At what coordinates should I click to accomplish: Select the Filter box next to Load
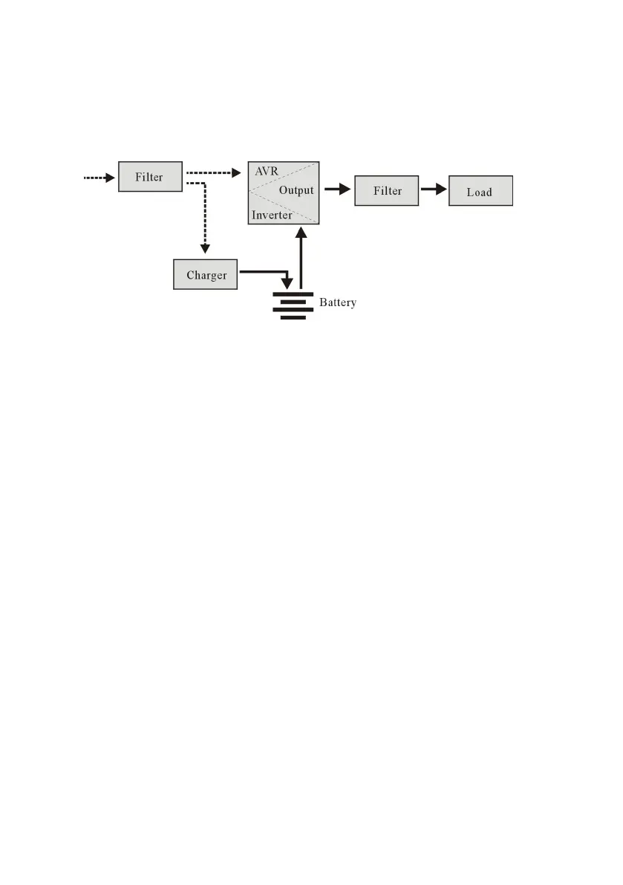point(387,191)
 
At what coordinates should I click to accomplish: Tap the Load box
point(480,192)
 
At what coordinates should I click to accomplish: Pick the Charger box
point(206,275)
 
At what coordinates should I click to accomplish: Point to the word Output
point(296,191)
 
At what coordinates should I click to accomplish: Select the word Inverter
point(272,215)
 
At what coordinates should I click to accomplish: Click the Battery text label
point(338,302)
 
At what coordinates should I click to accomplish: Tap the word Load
point(480,192)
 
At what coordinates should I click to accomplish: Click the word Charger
point(206,276)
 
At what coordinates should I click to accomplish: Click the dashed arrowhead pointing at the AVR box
point(237,173)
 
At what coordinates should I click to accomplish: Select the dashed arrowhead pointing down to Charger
point(206,247)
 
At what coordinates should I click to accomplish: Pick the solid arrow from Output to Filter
point(337,190)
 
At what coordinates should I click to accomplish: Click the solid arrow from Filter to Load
point(434,190)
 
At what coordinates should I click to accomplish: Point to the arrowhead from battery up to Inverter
point(300,233)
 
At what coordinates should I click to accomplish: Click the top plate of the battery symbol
point(293,294)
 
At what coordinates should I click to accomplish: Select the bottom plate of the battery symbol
point(293,317)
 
